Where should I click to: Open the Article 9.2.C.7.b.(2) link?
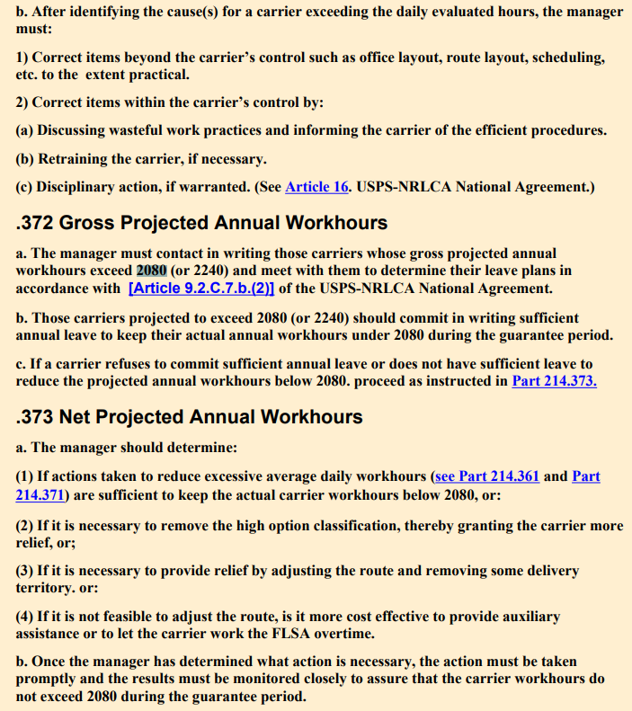tap(201, 289)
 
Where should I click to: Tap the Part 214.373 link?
tap(554, 380)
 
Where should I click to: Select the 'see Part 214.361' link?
tap(485, 475)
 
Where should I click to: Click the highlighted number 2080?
tap(152, 271)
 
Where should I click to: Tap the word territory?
tap(46, 589)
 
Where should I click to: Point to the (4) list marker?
tap(25, 617)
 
